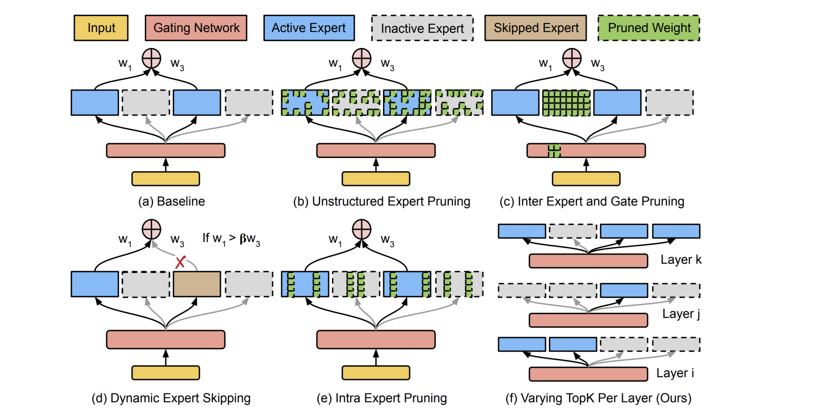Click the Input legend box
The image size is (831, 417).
coord(101,28)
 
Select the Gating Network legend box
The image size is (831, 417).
coord(196,28)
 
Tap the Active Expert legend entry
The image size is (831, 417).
coord(309,28)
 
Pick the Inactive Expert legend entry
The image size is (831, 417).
coord(422,28)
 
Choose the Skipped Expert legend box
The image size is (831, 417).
coord(536,28)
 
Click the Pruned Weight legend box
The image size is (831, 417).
coord(649,28)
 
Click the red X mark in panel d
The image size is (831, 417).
coord(180,262)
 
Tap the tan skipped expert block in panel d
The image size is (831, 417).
coord(197,284)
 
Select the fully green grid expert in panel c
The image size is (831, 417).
coord(566,103)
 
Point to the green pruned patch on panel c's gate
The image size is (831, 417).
coord(554,150)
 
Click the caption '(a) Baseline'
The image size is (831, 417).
coord(171,202)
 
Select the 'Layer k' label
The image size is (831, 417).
coord(681,260)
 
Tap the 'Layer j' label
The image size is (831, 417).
coord(681,314)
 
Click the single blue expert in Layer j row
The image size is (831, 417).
coord(624,290)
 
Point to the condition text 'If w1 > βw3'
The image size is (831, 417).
coord(231,239)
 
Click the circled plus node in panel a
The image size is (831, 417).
coord(151,58)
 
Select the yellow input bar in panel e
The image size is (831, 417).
coord(376,373)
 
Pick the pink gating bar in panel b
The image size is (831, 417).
coord(376,150)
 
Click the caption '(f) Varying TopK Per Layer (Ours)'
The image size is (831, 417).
coord(598,398)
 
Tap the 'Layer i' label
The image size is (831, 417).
coord(675,373)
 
